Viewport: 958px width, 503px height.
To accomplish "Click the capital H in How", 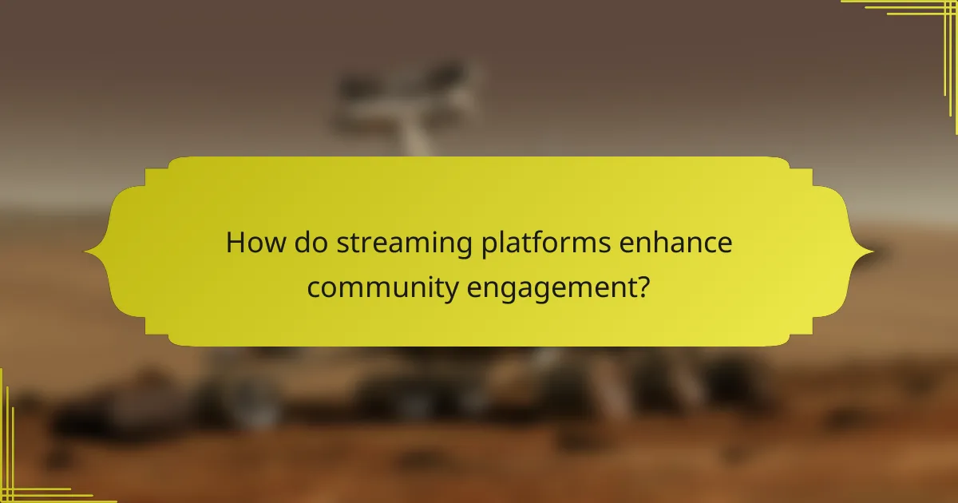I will point(234,243).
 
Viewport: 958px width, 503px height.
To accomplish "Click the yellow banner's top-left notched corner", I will point(156,170).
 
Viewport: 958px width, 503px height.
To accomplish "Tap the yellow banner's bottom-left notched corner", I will point(156,334).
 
